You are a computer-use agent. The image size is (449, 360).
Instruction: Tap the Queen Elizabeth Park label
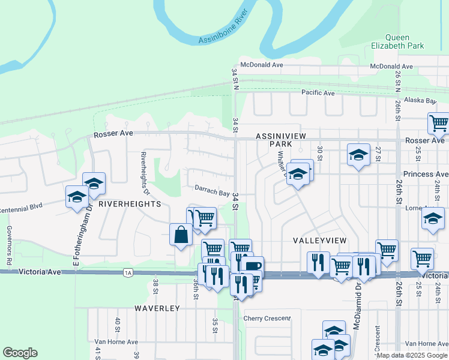point(397,41)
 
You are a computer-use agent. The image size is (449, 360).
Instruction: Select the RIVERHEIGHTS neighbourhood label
point(130,204)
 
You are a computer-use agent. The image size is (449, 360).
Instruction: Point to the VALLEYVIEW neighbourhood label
point(320,240)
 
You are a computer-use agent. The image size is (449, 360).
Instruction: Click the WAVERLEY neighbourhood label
point(157,308)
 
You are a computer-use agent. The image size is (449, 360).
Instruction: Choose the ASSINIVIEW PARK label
point(282,140)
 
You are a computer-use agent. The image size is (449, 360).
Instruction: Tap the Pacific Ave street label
point(318,93)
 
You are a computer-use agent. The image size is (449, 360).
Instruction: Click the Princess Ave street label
point(426,174)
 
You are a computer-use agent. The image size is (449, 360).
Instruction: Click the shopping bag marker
point(181,235)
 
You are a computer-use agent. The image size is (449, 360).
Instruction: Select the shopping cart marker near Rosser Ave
point(438,123)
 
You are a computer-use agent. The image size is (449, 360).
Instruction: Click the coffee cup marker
point(253,265)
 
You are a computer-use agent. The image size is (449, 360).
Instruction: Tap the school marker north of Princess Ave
point(358,155)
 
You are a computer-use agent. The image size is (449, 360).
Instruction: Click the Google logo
point(20,353)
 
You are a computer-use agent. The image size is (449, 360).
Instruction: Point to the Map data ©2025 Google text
point(412,355)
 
